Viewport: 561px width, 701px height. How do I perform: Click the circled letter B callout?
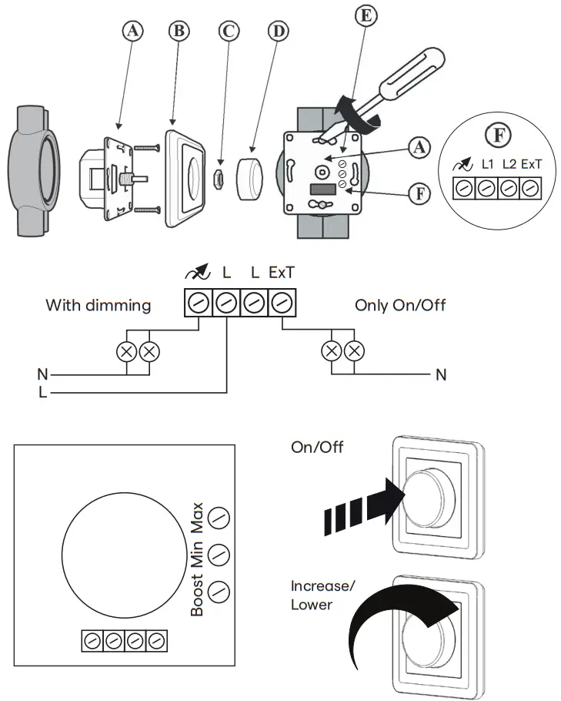coord(180,32)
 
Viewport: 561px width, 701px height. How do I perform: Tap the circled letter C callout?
coord(229,32)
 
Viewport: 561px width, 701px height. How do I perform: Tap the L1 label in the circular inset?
coord(487,163)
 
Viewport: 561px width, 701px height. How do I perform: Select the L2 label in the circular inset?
coord(509,163)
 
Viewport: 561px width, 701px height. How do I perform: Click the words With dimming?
coord(98,305)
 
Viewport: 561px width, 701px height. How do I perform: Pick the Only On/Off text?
coord(400,305)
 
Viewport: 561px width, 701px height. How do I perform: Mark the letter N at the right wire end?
coord(441,375)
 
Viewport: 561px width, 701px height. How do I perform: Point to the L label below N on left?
coord(42,393)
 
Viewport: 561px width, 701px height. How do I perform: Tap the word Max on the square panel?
coord(197,518)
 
